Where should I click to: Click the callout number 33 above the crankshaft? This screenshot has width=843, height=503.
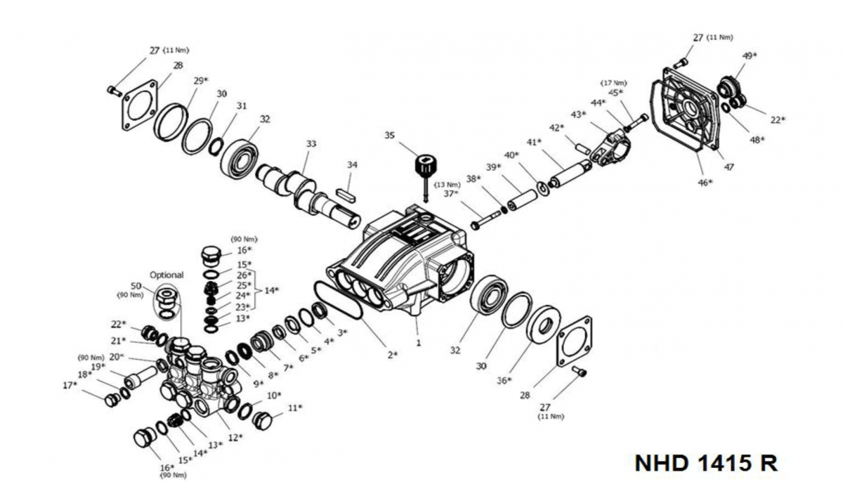[311, 144]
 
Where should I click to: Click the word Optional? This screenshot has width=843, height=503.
[166, 275]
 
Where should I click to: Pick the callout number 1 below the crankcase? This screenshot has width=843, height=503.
[418, 344]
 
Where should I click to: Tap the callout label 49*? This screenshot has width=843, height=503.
[750, 55]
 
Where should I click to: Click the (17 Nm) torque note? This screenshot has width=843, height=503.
[613, 83]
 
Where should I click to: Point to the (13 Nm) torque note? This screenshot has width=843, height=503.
[448, 185]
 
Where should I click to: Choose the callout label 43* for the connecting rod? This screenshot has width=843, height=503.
[579, 114]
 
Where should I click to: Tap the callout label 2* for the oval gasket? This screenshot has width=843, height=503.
[392, 355]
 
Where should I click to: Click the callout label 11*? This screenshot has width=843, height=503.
[295, 407]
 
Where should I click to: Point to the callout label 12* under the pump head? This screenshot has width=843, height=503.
[235, 437]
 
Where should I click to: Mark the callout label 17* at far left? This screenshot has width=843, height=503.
[70, 385]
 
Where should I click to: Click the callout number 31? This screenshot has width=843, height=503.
[242, 106]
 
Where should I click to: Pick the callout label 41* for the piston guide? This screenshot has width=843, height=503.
[535, 142]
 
